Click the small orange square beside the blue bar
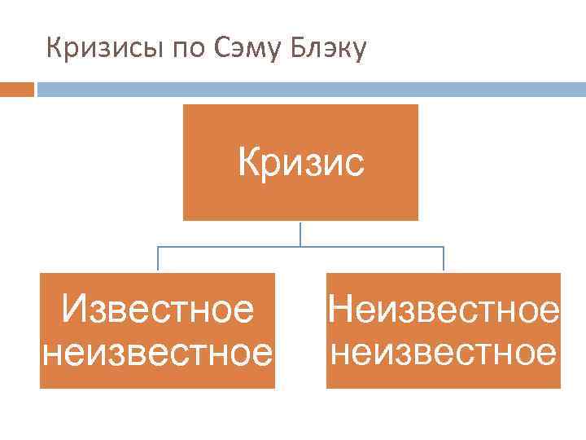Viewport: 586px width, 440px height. pyautogui.click(x=17, y=88)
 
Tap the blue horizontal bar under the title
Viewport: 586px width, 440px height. pyautogui.click(x=309, y=88)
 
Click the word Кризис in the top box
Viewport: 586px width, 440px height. pyautogui.click(x=301, y=161)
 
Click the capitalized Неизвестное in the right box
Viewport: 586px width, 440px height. pyautogui.click(x=444, y=310)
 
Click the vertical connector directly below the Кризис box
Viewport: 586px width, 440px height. pyautogui.click(x=300, y=233)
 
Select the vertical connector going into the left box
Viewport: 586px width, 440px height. pyautogui.click(x=157, y=259)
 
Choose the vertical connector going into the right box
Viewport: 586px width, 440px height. pyautogui.click(x=444, y=259)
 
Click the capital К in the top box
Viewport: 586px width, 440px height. pyautogui.click(x=250, y=161)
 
